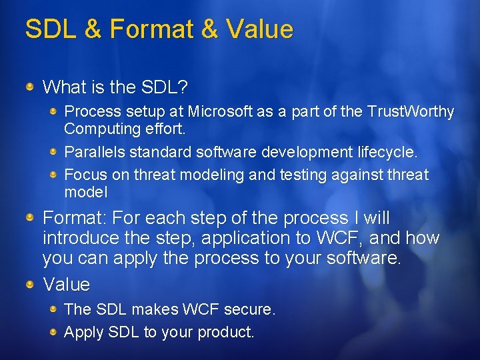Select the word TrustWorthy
coord(411,111)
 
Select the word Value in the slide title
coord(259,29)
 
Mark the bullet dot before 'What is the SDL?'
coord(30,87)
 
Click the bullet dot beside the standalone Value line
coord(30,285)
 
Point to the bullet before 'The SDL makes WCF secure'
coord(54,309)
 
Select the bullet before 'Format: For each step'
coord(30,218)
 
